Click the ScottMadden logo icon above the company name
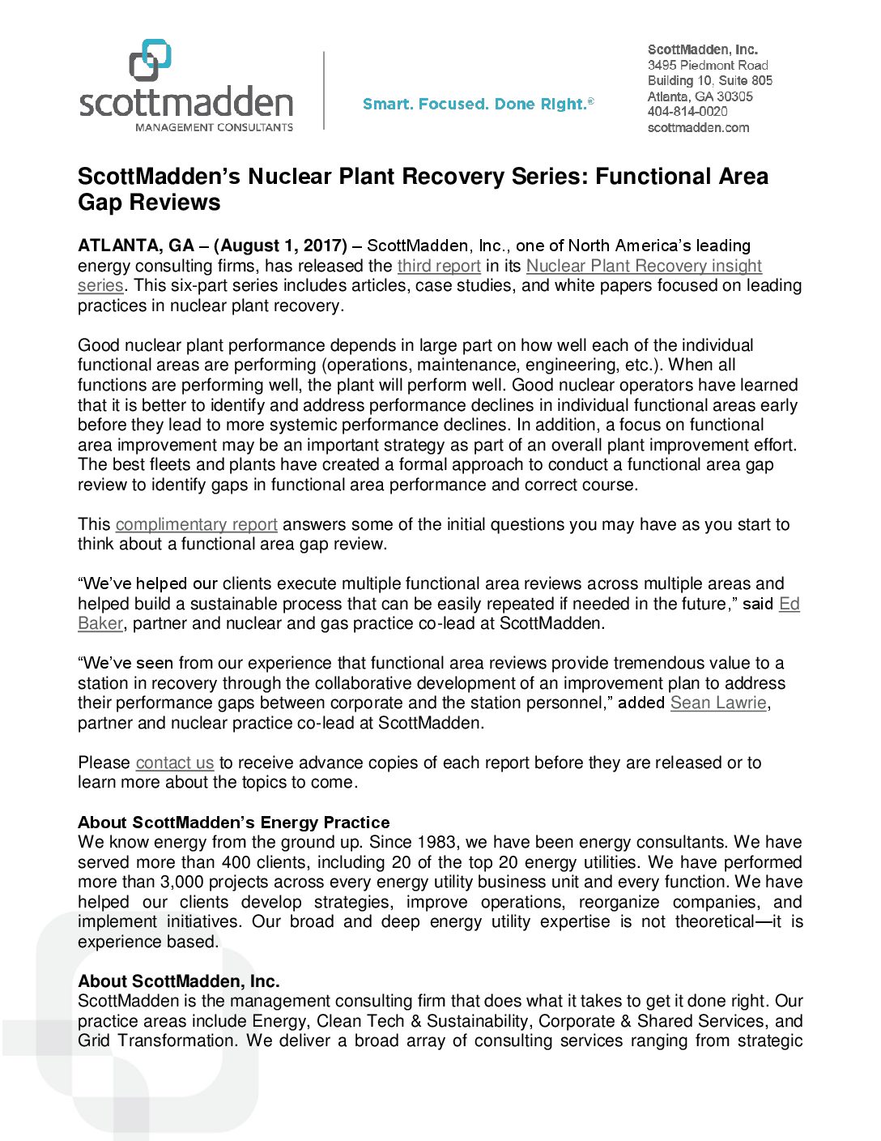pos(151,60)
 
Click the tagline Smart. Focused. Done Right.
pos(478,105)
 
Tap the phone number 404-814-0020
pos(687,112)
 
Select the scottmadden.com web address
pos(698,127)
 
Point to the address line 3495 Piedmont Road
pos(708,65)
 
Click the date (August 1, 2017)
pos(280,246)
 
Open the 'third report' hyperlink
pos(439,266)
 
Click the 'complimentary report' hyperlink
pos(197,524)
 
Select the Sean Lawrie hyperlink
pos(718,703)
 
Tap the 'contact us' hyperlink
pos(175,763)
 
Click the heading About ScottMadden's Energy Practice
pos(234,823)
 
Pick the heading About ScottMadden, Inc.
pos(179,981)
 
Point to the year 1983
pos(437,842)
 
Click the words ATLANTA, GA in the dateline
pos(136,246)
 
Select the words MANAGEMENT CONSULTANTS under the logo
pos(214,127)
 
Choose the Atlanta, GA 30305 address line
pos(700,96)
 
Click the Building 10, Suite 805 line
pos(709,80)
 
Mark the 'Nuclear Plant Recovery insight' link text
pos(644,266)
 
